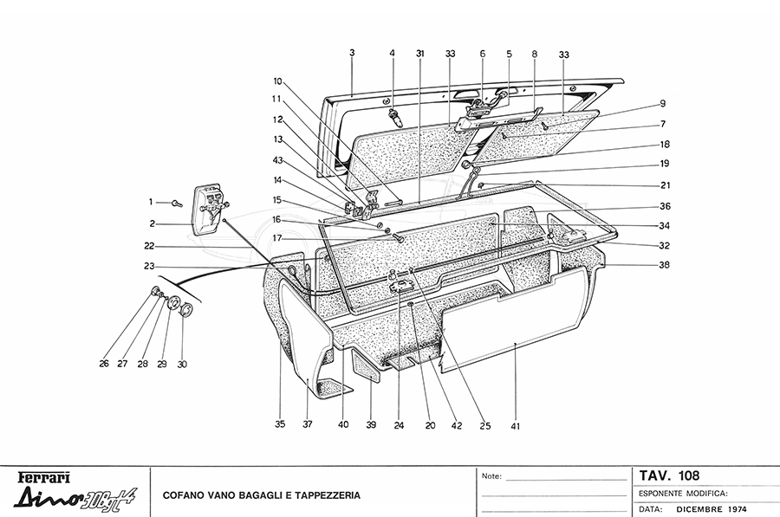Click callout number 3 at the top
(x=352, y=53)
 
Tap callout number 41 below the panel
(x=515, y=425)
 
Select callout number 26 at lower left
(x=104, y=364)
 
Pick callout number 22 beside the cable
(x=149, y=245)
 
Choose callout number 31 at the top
(x=419, y=53)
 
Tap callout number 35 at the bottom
(x=280, y=425)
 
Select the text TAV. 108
(x=669, y=475)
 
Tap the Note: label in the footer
(x=491, y=476)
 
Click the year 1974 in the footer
(x=738, y=508)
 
